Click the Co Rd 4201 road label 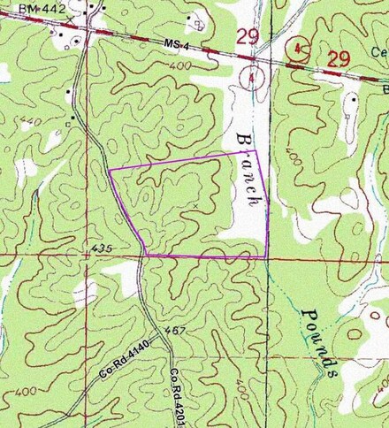click(x=182, y=396)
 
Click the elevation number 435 click(x=102, y=251)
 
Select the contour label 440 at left click(x=27, y=119)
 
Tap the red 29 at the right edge click(x=338, y=59)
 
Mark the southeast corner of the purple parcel click(x=267, y=258)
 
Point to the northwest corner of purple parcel click(x=109, y=170)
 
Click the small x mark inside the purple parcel click(x=194, y=205)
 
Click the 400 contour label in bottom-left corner click(x=18, y=390)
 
